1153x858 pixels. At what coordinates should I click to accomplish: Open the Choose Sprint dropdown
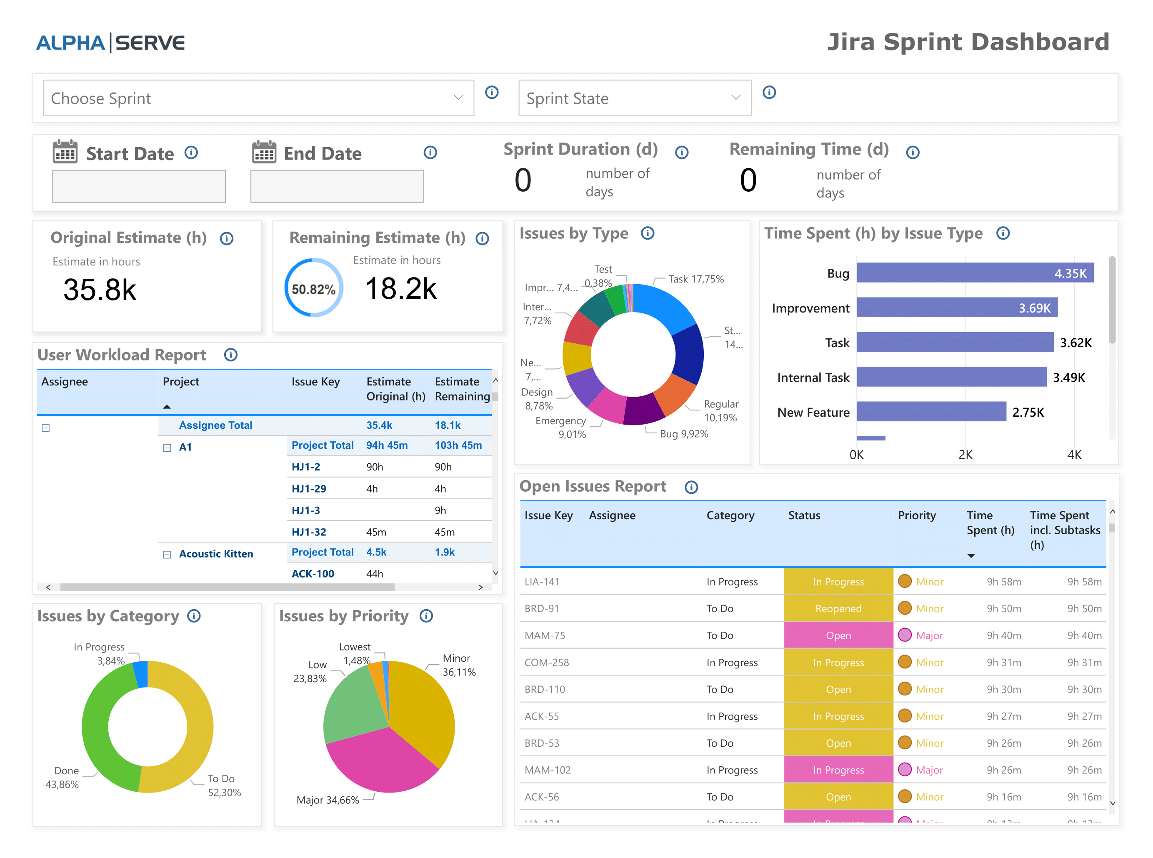tap(258, 98)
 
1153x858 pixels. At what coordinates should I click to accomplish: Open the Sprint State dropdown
tap(634, 98)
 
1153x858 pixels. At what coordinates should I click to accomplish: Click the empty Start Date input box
tap(139, 186)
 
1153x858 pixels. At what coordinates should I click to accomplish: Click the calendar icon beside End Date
tap(264, 152)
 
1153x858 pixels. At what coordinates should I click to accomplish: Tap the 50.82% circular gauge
tap(313, 288)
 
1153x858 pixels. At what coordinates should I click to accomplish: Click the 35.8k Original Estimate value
tap(100, 290)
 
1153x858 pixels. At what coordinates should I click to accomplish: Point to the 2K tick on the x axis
tap(965, 455)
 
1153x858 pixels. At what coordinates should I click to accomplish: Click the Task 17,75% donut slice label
tap(695, 279)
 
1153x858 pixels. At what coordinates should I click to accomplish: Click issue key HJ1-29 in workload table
tap(308, 489)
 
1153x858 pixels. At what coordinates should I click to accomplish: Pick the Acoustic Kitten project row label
tap(216, 554)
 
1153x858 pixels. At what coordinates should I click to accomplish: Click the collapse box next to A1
tap(167, 448)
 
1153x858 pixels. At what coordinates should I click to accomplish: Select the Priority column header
tap(916, 515)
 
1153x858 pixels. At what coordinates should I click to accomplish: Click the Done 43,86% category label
tap(63, 778)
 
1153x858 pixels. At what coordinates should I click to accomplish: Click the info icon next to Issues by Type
tap(647, 233)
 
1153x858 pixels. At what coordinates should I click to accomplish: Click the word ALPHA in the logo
tap(70, 43)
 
